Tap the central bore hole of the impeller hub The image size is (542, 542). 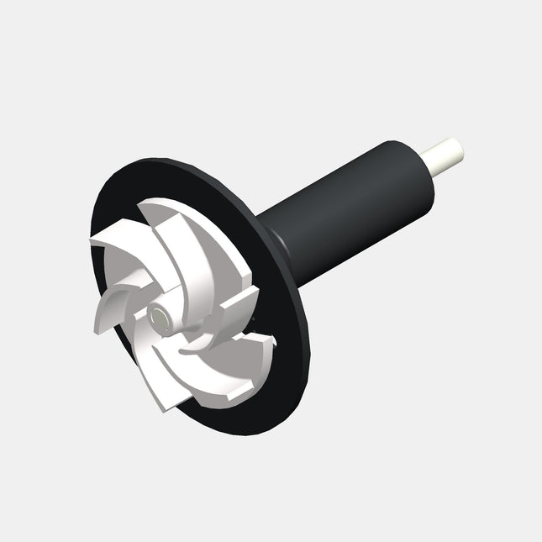[157, 317]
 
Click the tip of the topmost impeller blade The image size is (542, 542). [149, 210]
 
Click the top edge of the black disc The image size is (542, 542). [168, 161]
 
